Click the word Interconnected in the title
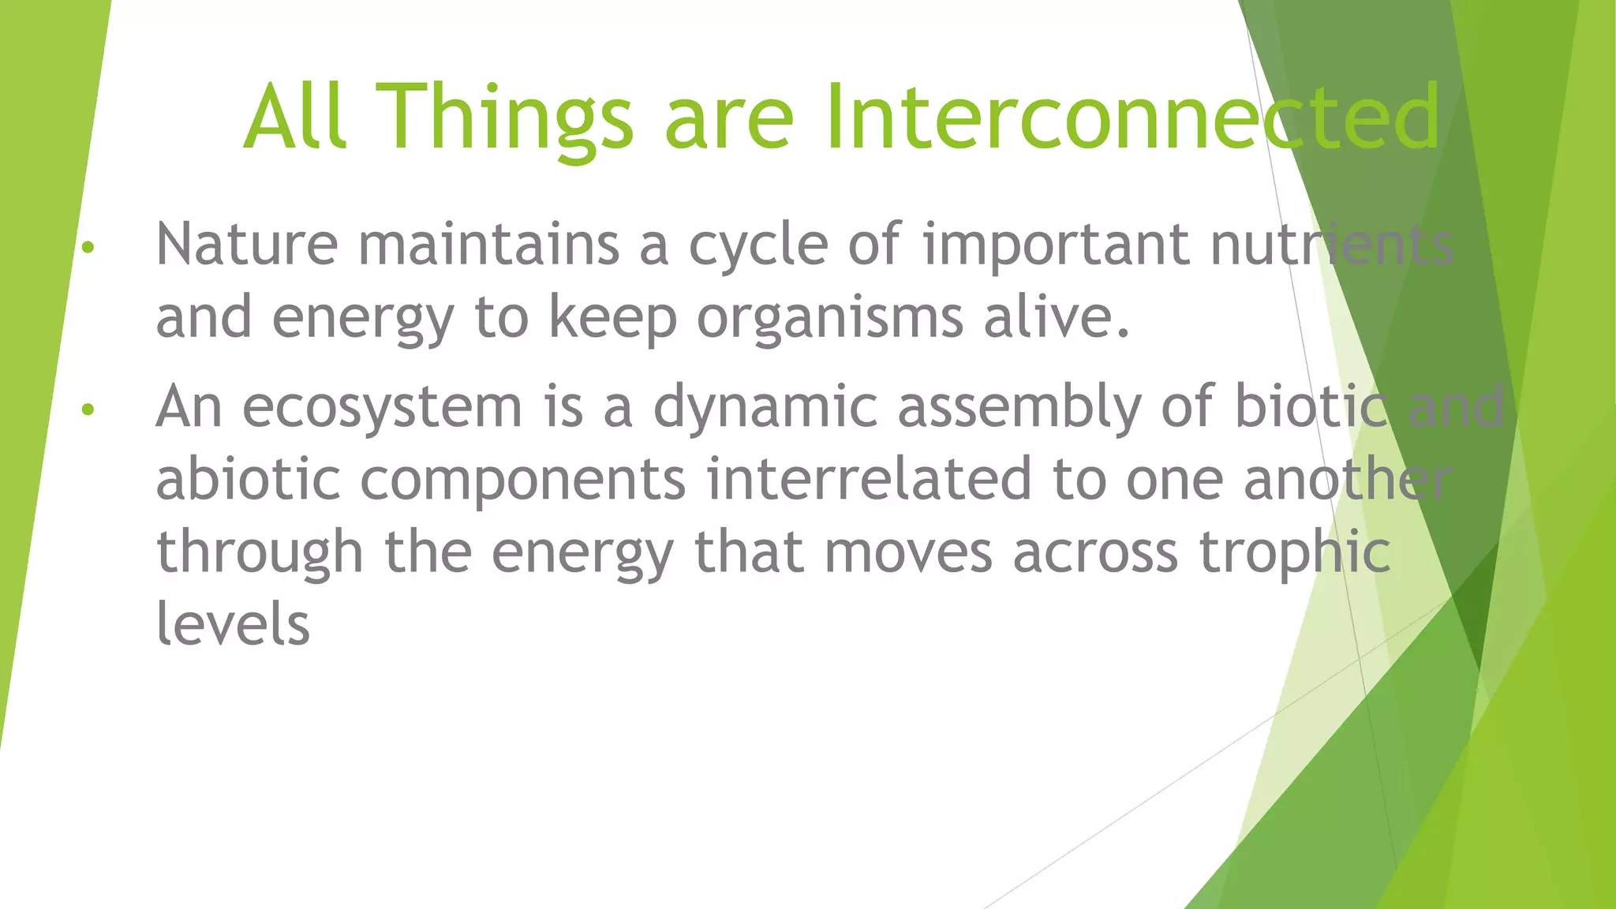point(1133,118)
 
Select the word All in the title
point(294,118)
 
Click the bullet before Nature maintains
point(88,248)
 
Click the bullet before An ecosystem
point(88,410)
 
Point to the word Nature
point(246,245)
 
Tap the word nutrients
point(1332,245)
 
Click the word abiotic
point(248,480)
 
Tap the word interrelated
point(869,480)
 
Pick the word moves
point(908,552)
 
